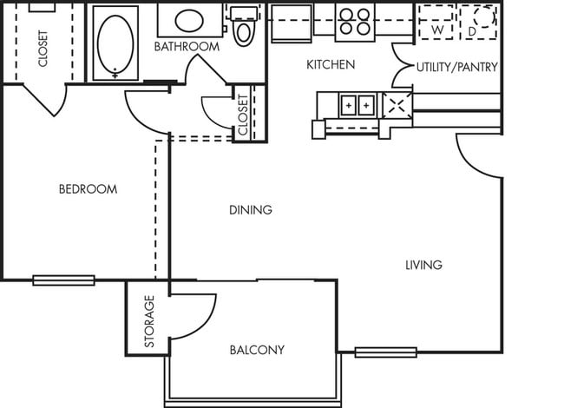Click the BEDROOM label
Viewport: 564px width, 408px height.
pos(89,189)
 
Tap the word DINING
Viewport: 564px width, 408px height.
pos(251,210)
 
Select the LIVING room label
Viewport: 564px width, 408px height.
pos(423,265)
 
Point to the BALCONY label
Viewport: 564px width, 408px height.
pos(257,350)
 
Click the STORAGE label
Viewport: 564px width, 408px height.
pos(149,321)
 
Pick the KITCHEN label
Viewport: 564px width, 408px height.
pos(331,65)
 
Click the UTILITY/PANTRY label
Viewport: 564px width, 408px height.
pos(457,67)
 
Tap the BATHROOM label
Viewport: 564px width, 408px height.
pos(187,46)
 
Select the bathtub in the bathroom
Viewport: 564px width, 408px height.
pos(115,43)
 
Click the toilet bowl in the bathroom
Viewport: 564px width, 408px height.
pos(243,33)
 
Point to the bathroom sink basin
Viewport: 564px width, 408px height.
pos(189,21)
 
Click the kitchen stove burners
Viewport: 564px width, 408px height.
pos(355,21)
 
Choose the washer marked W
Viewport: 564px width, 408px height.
pos(436,23)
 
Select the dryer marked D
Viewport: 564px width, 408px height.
pos(478,23)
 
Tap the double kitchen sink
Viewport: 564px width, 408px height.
pos(357,105)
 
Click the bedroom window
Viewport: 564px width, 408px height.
pos(63,280)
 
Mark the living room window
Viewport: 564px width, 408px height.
pos(386,352)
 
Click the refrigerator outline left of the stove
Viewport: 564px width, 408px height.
pos(292,23)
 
